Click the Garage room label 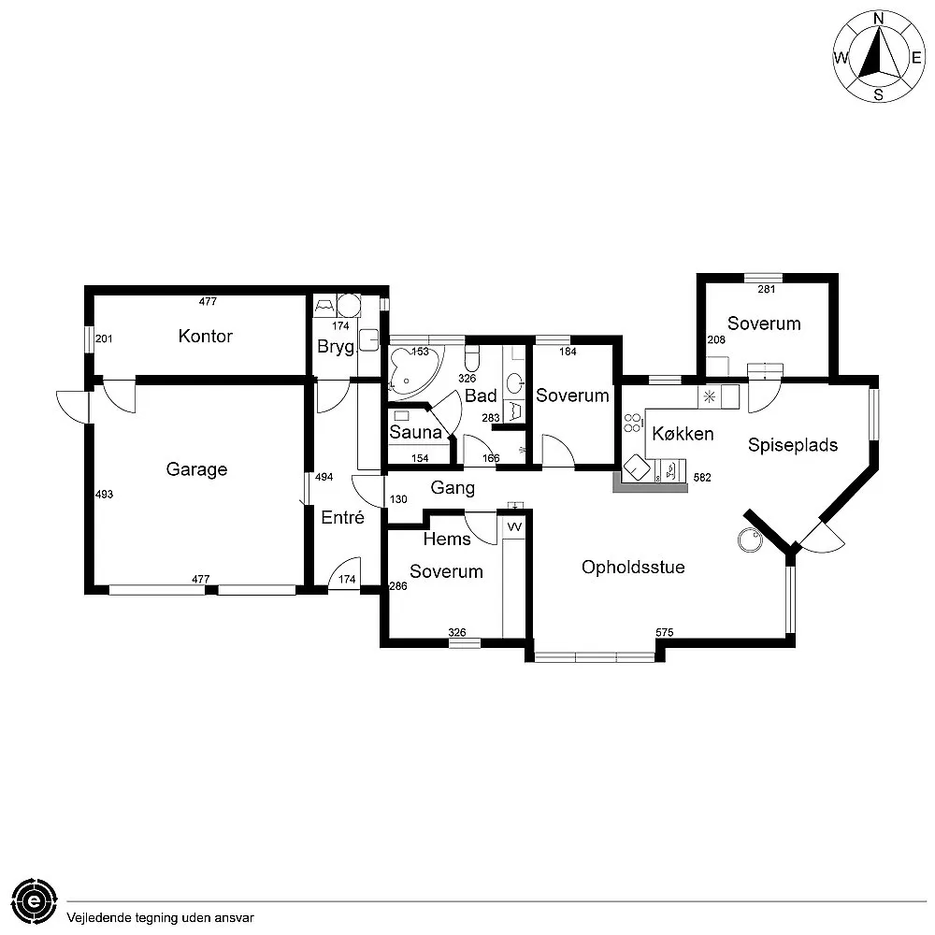(196, 469)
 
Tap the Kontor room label (205, 336)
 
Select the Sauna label (415, 433)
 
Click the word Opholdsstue (633, 568)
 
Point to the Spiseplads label (793, 445)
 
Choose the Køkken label (683, 434)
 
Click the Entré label (342, 517)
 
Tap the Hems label (447, 539)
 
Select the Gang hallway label (453, 488)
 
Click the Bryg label (336, 347)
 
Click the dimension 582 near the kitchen (702, 478)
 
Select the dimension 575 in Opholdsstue (664, 633)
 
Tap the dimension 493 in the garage (104, 495)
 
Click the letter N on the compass (879, 18)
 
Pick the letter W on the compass (841, 58)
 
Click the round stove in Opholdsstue (748, 539)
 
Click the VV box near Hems (514, 527)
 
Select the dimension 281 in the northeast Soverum (767, 289)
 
